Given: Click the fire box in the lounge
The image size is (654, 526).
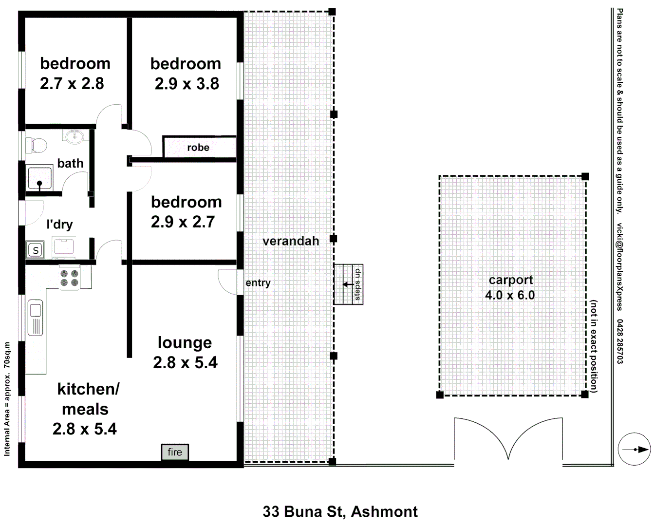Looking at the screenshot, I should click(x=175, y=452).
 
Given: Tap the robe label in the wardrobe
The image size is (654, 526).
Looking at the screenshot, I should click(x=198, y=148).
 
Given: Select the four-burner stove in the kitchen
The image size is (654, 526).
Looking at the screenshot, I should click(x=70, y=278).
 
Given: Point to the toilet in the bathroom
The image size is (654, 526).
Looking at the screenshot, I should click(x=37, y=145).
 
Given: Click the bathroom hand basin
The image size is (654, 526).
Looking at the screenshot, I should click(x=74, y=135).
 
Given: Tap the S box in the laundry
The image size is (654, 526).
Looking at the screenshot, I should click(x=36, y=250).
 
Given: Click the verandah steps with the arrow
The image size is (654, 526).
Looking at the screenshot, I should click(x=348, y=284).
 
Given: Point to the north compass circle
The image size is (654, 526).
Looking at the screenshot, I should click(x=634, y=449).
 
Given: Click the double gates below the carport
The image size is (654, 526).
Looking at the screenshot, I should click(x=508, y=439).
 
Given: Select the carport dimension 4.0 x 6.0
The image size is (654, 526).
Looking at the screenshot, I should click(x=510, y=295).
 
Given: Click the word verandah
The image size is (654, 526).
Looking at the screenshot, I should click(x=291, y=241).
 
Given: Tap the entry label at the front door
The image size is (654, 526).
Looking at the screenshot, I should click(x=258, y=283).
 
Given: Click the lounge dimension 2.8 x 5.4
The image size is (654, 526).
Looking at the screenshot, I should click(x=185, y=362).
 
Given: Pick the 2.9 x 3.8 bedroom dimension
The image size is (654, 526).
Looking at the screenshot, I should click(x=187, y=84).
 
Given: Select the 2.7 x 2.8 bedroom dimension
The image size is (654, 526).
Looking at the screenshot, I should click(x=72, y=84).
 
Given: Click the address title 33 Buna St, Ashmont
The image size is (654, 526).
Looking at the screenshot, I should click(x=340, y=511).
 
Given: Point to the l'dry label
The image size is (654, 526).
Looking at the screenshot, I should click(x=59, y=224).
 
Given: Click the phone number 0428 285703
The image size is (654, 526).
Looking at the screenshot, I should click(x=619, y=341).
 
